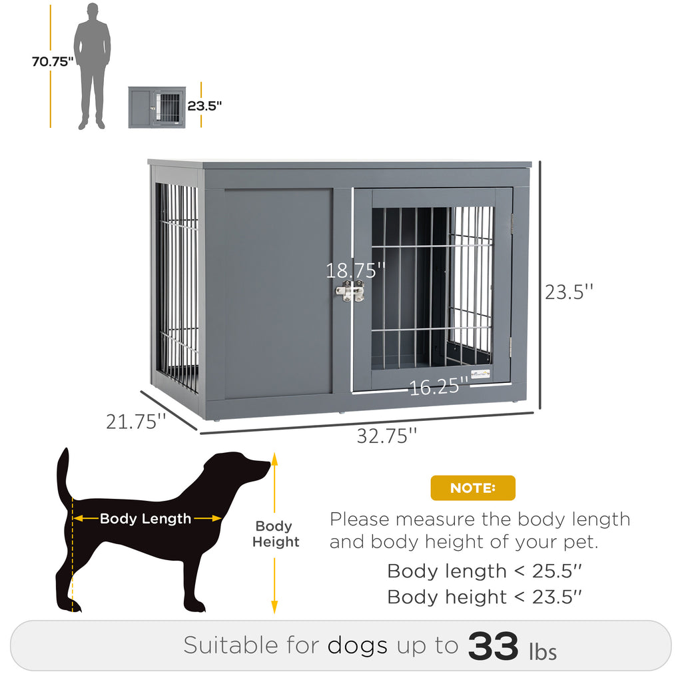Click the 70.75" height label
coord(53,62)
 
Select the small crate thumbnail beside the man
coord(157,107)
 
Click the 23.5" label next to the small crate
coord(204,105)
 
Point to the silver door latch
coord(350,290)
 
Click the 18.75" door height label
coord(356,270)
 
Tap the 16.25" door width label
coord(434,387)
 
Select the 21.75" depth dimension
coord(136,421)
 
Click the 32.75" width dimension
coord(387,436)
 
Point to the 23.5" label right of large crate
coord(569,292)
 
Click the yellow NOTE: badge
coord(473,488)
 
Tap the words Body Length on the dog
coord(145,518)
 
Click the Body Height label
coord(275,534)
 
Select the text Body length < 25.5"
coord(484,571)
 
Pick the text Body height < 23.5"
coord(484,597)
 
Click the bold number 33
coord(493,645)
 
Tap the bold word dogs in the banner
coord(357,645)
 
